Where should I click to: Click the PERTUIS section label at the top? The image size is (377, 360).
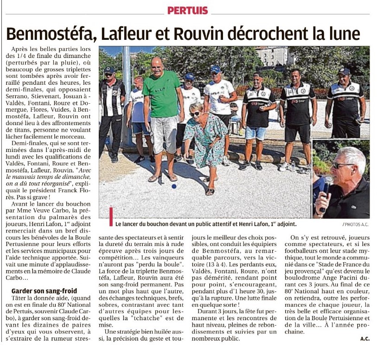[188, 10]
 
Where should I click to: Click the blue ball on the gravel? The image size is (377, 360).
[174, 186]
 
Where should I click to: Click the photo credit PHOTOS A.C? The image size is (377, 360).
[356, 224]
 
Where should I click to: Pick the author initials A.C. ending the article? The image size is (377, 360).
[364, 339]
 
